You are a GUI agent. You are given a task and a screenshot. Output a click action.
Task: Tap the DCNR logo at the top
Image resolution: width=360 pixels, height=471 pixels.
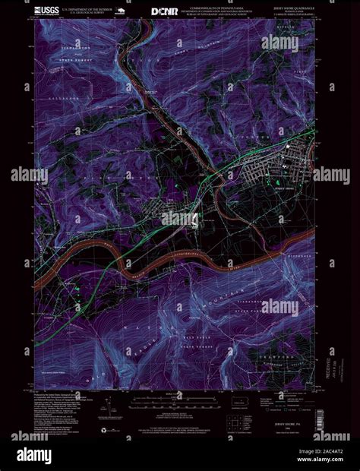click(x=166, y=11)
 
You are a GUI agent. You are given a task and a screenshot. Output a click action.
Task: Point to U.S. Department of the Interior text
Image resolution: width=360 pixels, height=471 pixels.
click(x=90, y=10)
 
